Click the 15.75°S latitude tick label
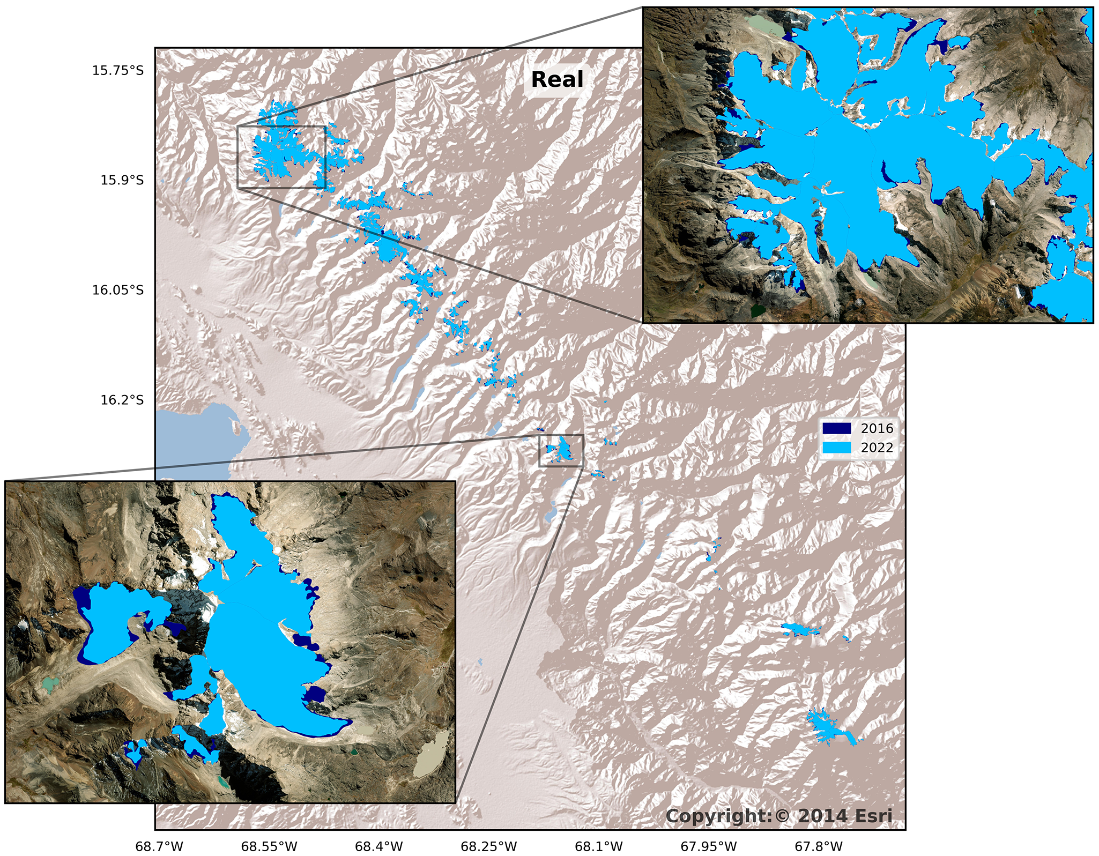(118, 70)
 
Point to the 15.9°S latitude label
(122, 180)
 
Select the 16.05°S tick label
(118, 290)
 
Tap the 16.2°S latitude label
(122, 400)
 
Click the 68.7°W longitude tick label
(159, 846)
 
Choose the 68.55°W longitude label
(269, 846)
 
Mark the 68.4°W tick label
(379, 846)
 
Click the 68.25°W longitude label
(489, 846)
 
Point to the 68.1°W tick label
(599, 846)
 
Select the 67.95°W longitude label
(709, 846)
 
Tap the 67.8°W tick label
(819, 846)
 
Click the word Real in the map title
(557, 80)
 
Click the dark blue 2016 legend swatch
(837, 428)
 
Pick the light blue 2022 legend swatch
(837, 448)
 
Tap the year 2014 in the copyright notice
(821, 816)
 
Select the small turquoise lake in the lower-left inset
(51, 683)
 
